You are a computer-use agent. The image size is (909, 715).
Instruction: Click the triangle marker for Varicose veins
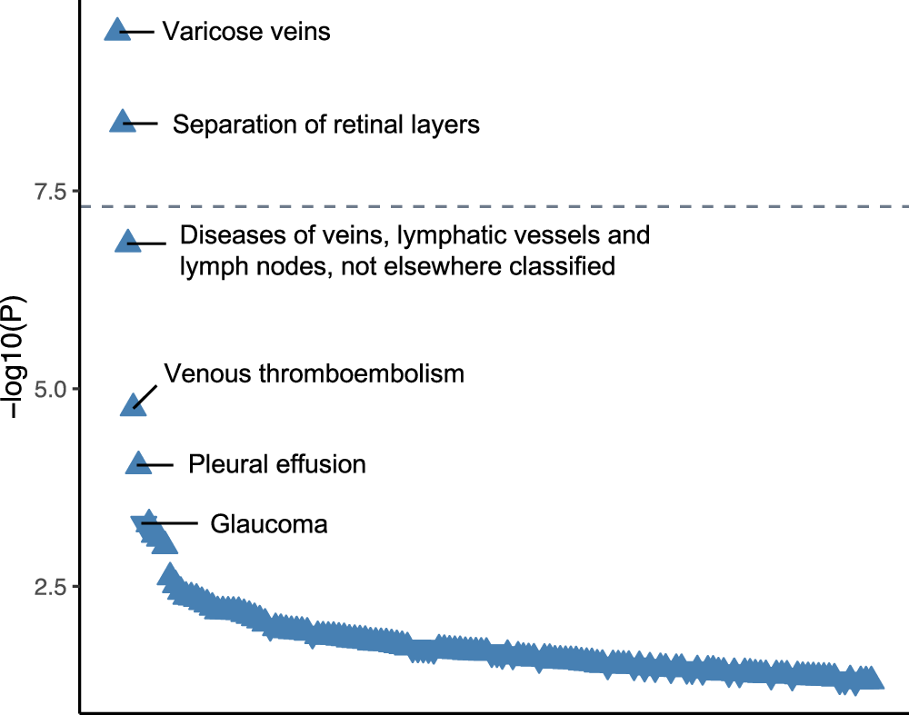[115, 30]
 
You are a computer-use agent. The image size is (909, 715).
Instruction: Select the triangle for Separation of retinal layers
[121, 121]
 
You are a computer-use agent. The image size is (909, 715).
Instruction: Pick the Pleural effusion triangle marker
[138, 463]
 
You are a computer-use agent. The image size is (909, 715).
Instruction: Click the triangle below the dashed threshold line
[127, 241]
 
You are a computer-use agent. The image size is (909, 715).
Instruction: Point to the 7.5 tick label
[50, 192]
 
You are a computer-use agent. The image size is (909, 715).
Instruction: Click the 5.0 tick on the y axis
[50, 389]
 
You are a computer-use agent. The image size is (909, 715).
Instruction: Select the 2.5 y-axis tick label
[50, 586]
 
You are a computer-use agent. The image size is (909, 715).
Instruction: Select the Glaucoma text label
[268, 524]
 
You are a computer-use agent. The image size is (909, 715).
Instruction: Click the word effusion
[321, 464]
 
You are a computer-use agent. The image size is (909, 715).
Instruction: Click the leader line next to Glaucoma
[173, 523]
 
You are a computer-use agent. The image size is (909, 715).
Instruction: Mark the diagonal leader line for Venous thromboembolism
[146, 394]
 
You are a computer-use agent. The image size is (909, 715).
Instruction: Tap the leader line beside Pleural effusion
[156, 464]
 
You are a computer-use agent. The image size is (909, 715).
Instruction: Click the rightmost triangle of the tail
[871, 679]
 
